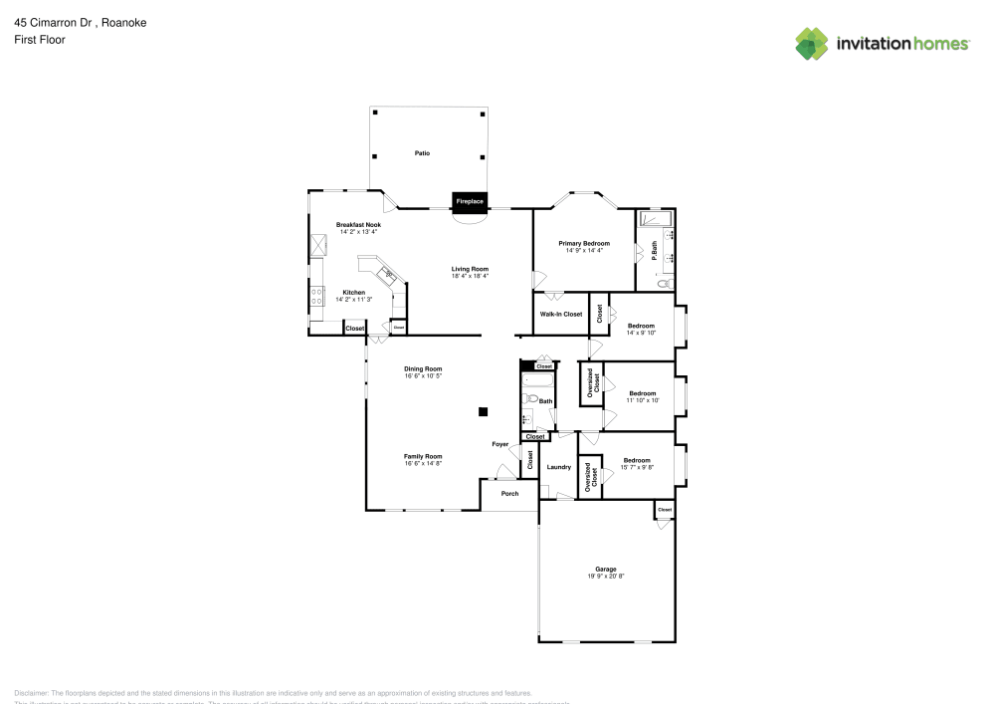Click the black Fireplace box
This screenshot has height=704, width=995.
click(x=470, y=202)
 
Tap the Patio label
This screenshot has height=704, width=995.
click(x=422, y=153)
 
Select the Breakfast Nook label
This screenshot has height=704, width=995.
click(x=358, y=225)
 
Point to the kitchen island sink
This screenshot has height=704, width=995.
click(x=385, y=272)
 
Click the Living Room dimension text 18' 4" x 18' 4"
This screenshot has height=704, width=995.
click(x=470, y=276)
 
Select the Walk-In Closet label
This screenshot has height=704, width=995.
click(x=561, y=314)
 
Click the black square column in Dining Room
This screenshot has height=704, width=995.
click(x=483, y=411)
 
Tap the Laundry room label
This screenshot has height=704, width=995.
click(x=558, y=467)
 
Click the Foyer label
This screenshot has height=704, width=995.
click(x=499, y=444)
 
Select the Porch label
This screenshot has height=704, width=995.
click(x=509, y=493)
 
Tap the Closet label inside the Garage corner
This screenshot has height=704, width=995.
click(x=665, y=510)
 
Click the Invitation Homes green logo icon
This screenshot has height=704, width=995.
click(x=811, y=43)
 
